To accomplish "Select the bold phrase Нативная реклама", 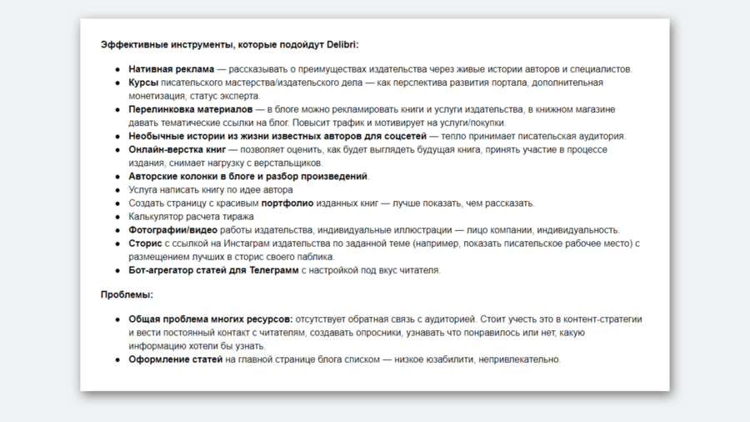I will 172,69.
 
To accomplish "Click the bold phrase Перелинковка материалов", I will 190,109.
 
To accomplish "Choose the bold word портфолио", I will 288,203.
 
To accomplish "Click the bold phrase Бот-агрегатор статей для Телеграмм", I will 213,270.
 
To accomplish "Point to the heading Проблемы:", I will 127,294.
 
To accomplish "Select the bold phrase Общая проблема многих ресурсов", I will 209,319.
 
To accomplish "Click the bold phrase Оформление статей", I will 175,359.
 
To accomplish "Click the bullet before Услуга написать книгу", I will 117,190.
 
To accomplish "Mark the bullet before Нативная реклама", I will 117,69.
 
